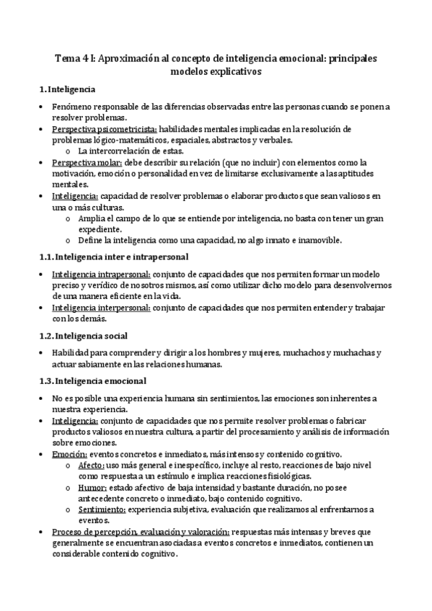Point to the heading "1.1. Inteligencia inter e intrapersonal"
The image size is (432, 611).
click(x=113, y=256)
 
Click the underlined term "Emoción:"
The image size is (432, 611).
click(x=69, y=455)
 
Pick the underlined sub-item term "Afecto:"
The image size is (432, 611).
click(x=91, y=466)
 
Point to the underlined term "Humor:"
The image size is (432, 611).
click(x=92, y=489)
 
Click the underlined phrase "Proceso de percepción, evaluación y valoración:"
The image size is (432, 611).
click(x=141, y=533)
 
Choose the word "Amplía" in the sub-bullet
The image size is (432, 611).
click(x=92, y=218)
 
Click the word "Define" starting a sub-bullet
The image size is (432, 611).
click(x=91, y=241)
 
